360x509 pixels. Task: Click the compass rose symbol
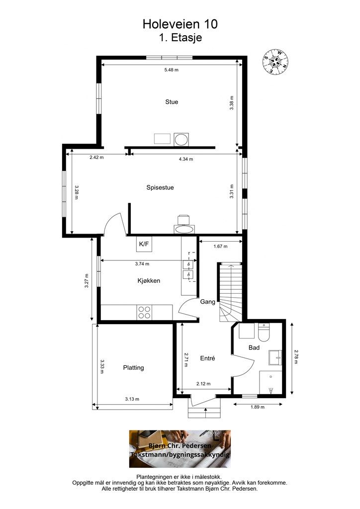[275, 61]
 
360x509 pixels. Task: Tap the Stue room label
[172, 102]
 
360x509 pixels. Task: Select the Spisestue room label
[160, 187]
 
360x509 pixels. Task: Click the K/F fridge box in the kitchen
[144, 244]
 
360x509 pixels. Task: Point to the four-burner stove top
[145, 312]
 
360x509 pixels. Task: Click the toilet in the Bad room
[263, 333]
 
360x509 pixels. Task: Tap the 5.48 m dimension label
[172, 70]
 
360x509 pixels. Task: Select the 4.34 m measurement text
[186, 159]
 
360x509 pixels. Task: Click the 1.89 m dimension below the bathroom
[258, 407]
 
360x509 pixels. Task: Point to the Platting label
[133, 368]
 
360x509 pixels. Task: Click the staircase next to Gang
[230, 292]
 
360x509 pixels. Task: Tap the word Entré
[208, 358]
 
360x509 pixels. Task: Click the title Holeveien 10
[180, 24]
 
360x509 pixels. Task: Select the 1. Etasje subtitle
[180, 37]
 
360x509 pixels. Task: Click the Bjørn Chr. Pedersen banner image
[180, 449]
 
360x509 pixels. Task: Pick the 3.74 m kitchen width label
[142, 264]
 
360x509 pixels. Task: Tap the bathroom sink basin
[275, 358]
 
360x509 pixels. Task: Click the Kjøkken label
[149, 281]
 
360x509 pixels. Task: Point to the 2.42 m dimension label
[97, 158]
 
